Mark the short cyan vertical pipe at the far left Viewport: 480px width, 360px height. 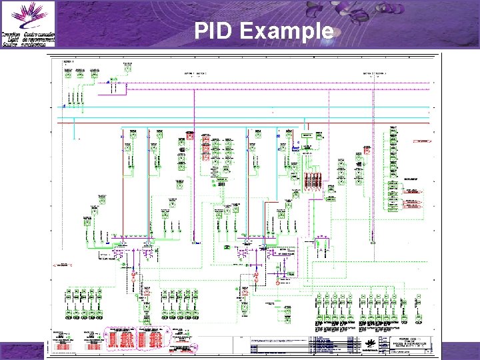point(73,131)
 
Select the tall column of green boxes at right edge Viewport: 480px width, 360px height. point(393,163)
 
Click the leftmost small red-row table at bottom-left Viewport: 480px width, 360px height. point(63,341)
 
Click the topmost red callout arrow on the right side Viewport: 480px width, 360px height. point(422,141)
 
